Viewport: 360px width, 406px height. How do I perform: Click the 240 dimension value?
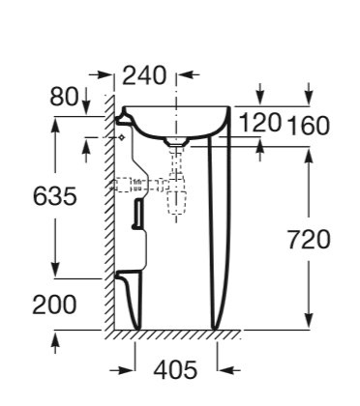click(x=144, y=76)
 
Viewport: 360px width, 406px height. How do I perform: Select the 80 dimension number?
click(x=64, y=97)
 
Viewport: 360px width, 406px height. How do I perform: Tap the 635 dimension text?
click(x=55, y=196)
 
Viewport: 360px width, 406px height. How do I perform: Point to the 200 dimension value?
click(x=54, y=304)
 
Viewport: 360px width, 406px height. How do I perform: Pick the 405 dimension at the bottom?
click(x=175, y=369)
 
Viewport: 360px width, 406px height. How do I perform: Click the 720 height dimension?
click(x=309, y=240)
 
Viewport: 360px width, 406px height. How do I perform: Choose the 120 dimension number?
click(x=260, y=123)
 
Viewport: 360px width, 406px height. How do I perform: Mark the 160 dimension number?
click(x=309, y=125)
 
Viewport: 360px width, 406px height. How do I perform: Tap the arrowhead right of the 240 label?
click(x=186, y=75)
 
